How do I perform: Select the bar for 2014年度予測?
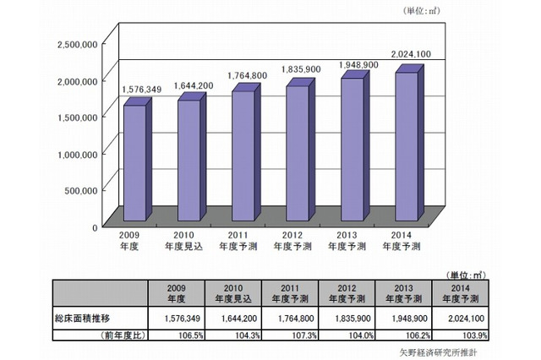click(407, 139)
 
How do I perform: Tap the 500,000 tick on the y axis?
click(80, 190)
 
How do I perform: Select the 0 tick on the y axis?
click(96, 226)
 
